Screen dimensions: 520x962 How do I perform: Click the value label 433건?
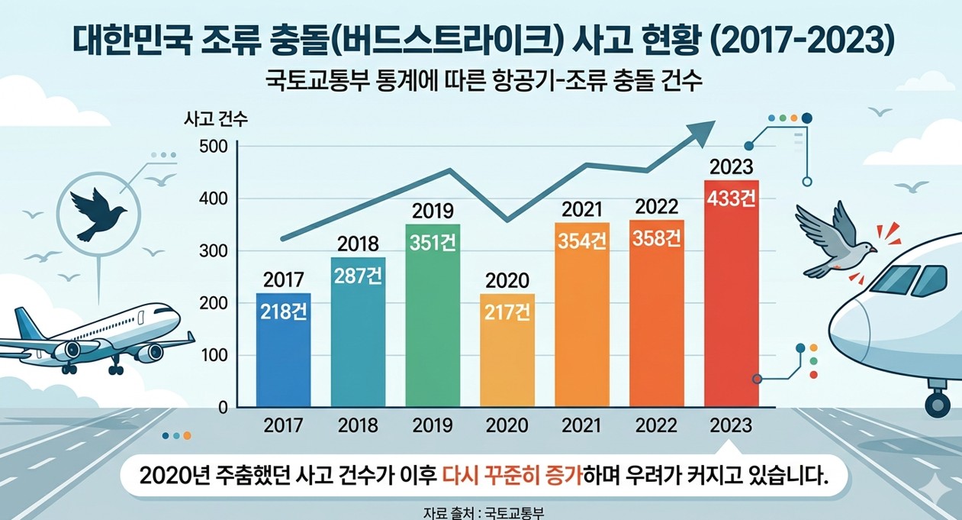coord(731,199)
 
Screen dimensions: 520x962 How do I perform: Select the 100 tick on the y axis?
coord(214,355)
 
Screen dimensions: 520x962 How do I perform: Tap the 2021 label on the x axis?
coord(581,425)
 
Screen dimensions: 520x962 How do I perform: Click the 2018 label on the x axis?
coord(358,425)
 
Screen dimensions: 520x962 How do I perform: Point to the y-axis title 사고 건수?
coord(216,119)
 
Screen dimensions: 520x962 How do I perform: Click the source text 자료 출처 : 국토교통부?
coord(481,512)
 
